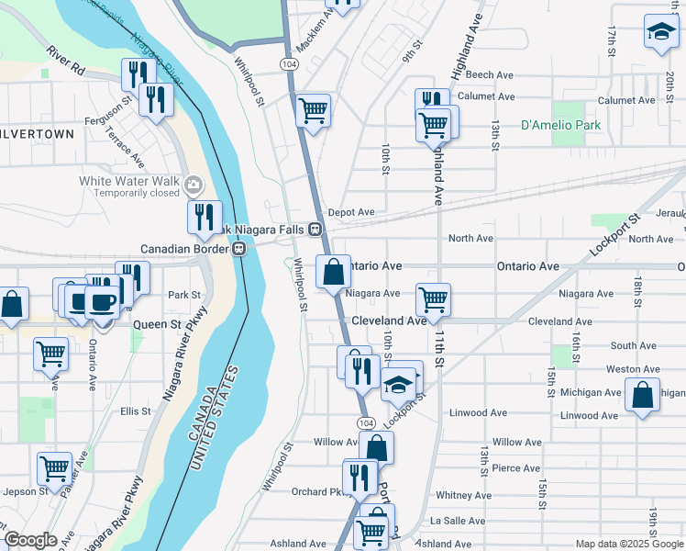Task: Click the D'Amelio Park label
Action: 553,125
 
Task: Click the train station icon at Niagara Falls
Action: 315,229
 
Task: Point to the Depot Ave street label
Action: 351,212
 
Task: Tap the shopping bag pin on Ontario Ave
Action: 333,273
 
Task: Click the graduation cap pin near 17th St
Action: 659,33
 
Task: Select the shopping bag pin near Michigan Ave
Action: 643,396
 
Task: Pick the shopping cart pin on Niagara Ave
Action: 433,298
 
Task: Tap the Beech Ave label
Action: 495,75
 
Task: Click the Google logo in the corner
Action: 31,540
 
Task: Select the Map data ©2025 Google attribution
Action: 628,544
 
